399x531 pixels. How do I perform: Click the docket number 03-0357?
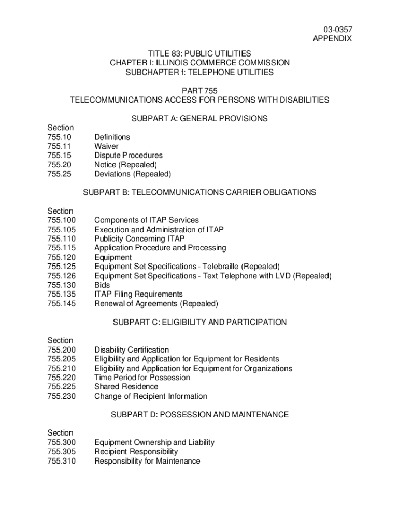pyautogui.click(x=339, y=30)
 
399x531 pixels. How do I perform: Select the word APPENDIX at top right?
pyautogui.click(x=332, y=39)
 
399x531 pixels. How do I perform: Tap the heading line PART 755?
pyautogui.click(x=199, y=91)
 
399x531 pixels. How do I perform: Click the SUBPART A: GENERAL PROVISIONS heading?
pyautogui.click(x=199, y=119)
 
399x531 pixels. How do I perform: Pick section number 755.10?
pyautogui.click(x=59, y=137)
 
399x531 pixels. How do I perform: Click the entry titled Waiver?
pyautogui.click(x=106, y=146)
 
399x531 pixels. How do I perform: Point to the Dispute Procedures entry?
pyautogui.click(x=128, y=156)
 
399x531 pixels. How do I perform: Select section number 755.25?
pyautogui.click(x=59, y=174)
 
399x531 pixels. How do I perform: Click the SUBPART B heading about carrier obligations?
pyautogui.click(x=199, y=192)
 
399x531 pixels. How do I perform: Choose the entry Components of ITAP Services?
pyautogui.click(x=146, y=220)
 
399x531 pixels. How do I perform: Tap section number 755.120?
pyautogui.click(x=61, y=257)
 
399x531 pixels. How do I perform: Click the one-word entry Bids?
pyautogui.click(x=103, y=285)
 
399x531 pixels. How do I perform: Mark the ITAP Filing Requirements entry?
pyautogui.click(x=138, y=295)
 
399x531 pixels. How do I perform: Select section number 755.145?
pyautogui.click(x=61, y=304)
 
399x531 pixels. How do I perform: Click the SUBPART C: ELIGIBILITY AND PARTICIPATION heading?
pyautogui.click(x=199, y=322)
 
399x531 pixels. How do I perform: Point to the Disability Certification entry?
pyautogui.click(x=131, y=350)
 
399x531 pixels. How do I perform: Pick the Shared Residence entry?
pyautogui.click(x=126, y=387)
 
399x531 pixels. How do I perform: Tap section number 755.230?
pyautogui.click(x=61, y=396)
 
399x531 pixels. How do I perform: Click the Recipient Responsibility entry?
pyautogui.click(x=136, y=452)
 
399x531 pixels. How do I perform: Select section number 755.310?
pyautogui.click(x=61, y=461)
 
